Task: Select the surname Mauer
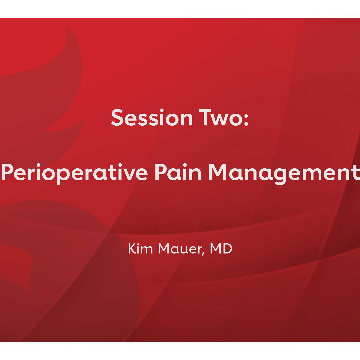point(182,249)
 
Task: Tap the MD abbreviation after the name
point(221,249)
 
